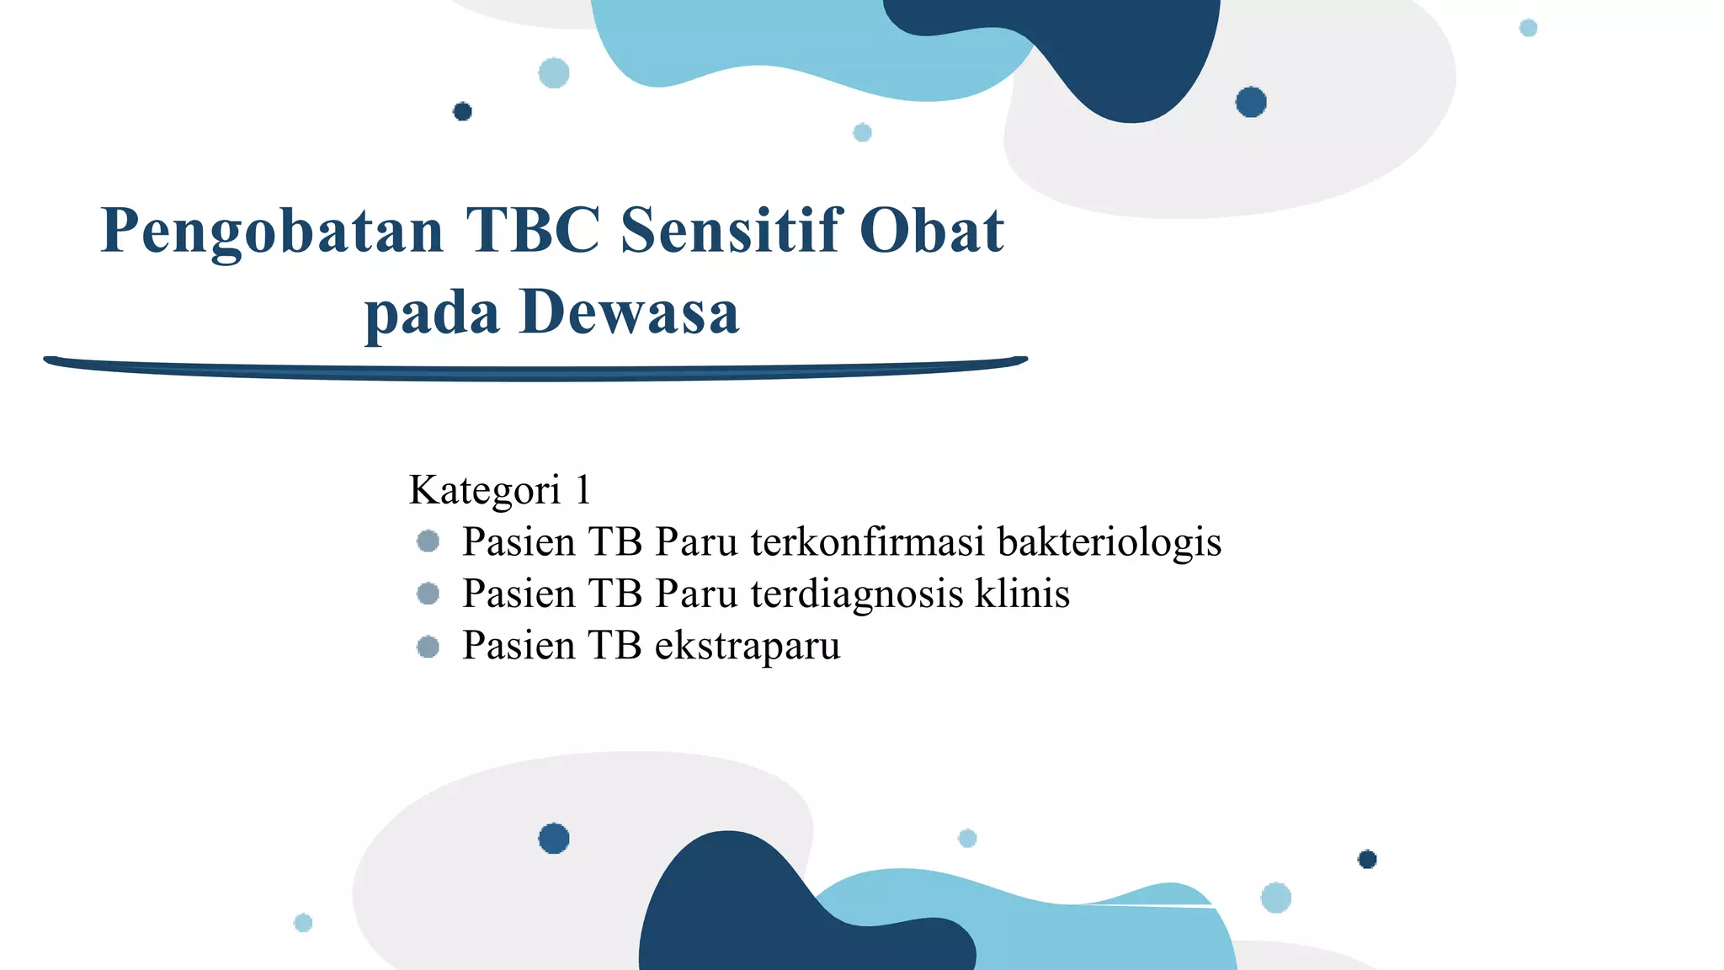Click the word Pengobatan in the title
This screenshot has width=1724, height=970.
click(272, 232)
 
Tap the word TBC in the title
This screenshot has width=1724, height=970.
click(532, 230)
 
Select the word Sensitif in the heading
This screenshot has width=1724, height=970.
click(730, 230)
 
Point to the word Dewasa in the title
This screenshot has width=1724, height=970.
click(630, 312)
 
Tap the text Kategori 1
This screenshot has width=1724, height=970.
click(500, 489)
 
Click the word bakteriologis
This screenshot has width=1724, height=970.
click(1109, 541)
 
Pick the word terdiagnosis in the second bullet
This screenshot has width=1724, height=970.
click(856, 594)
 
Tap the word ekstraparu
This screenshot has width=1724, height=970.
click(748, 646)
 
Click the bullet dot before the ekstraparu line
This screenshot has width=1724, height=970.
click(428, 647)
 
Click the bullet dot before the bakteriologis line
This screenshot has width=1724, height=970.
click(428, 541)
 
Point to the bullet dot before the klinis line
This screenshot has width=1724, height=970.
click(428, 594)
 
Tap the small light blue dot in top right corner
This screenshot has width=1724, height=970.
click(1528, 28)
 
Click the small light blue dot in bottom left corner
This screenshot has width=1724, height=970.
click(303, 923)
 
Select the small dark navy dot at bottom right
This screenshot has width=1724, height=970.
click(1367, 859)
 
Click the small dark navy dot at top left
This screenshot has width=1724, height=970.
click(462, 111)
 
